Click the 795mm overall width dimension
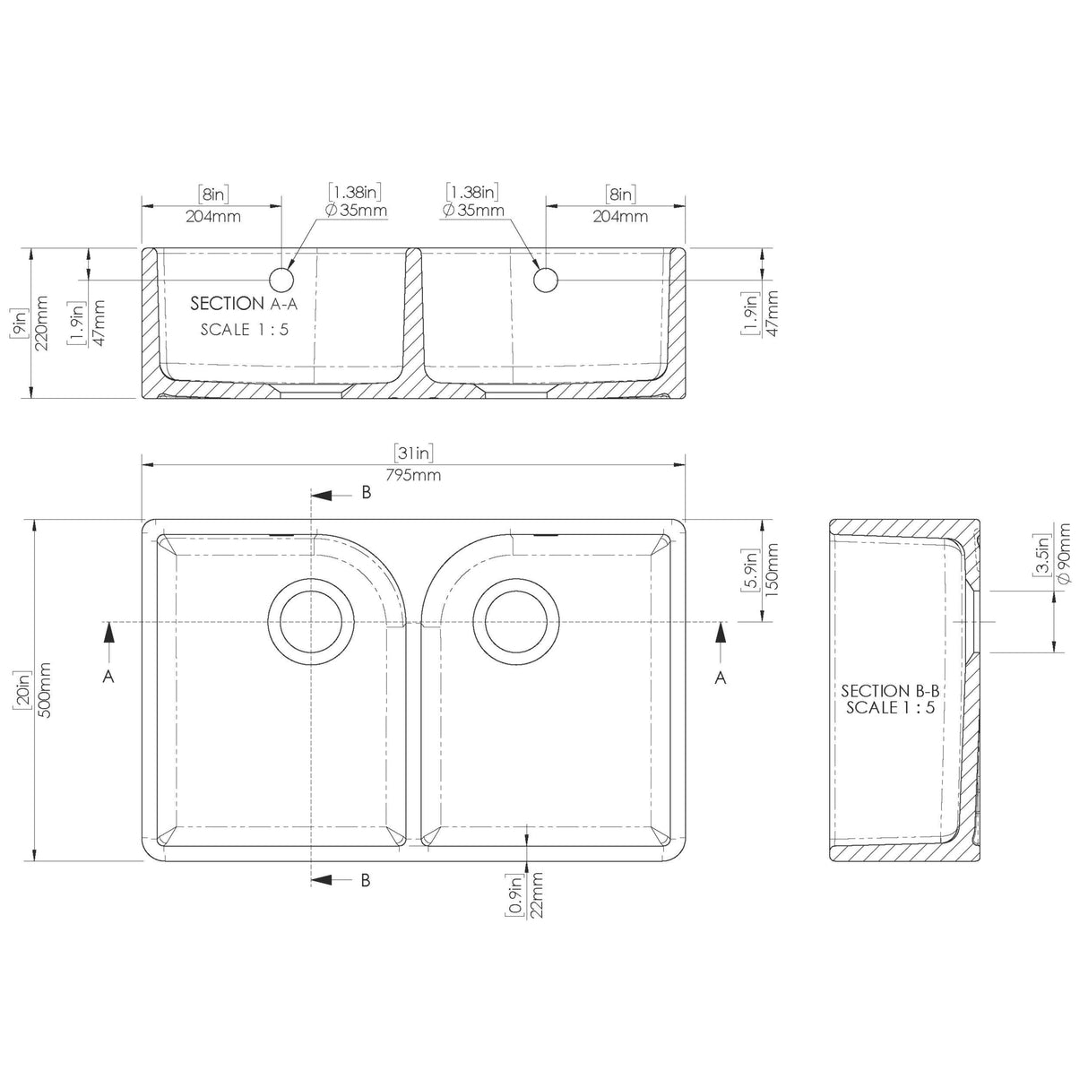pyautogui.click(x=413, y=475)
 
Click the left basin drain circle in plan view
pyautogui.click(x=310, y=622)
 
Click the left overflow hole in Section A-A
pyautogui.click(x=282, y=280)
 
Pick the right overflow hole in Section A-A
pyautogui.click(x=546, y=280)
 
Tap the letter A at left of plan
pyautogui.click(x=108, y=678)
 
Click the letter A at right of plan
pyautogui.click(x=720, y=678)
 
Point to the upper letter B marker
pyautogui.click(x=366, y=492)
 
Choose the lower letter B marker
pyautogui.click(x=366, y=879)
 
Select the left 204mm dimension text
pyautogui.click(x=212, y=216)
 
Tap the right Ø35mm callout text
pyautogui.click(x=473, y=211)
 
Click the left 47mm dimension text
pyautogui.click(x=99, y=324)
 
